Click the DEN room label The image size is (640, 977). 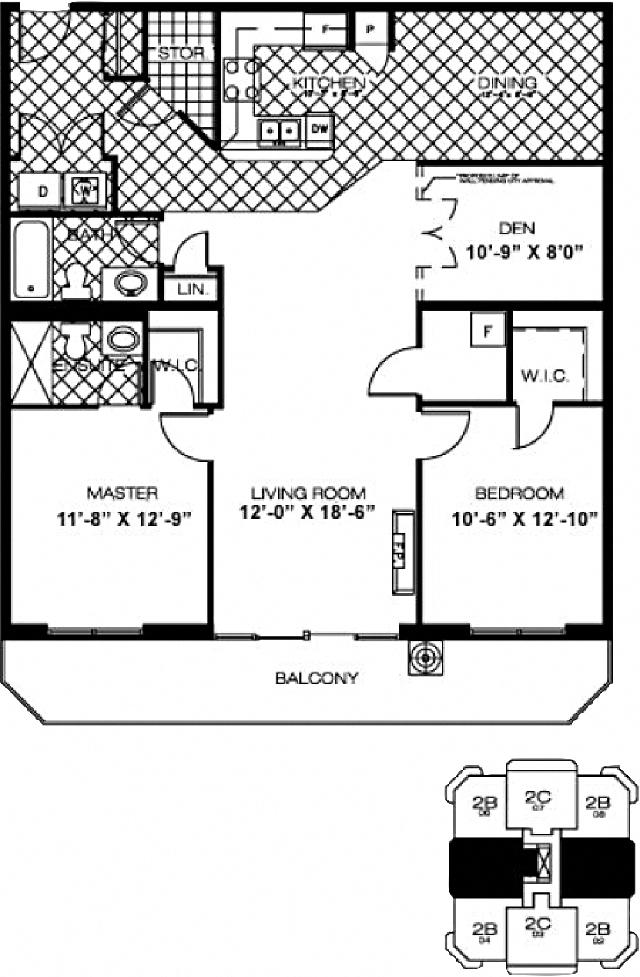click(x=516, y=228)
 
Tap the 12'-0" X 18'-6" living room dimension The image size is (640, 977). click(x=307, y=512)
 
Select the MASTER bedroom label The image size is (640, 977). click(x=122, y=493)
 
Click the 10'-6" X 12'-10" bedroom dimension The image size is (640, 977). click(x=524, y=519)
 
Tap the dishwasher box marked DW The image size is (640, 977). click(x=320, y=129)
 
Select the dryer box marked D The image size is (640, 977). click(x=42, y=192)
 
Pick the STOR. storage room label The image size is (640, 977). click(x=181, y=53)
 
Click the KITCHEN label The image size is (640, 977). click(x=328, y=83)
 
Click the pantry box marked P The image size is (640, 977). click(x=370, y=29)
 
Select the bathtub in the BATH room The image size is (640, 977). click(x=31, y=259)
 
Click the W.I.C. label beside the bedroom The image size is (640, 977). click(x=545, y=376)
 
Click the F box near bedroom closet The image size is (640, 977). click(x=488, y=331)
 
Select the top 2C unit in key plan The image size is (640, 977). click(x=537, y=798)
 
